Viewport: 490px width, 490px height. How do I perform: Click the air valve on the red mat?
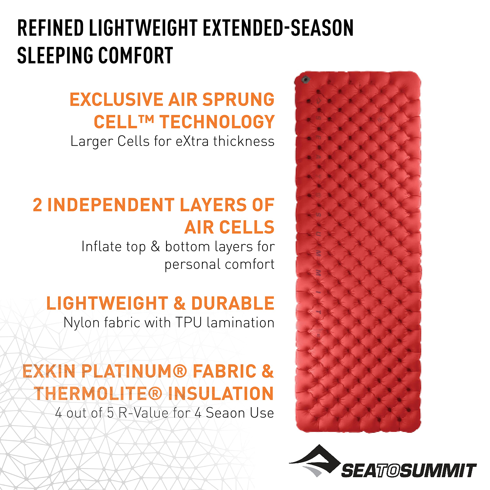pos(306,80)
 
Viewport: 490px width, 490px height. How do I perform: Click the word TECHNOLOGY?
pos(217,122)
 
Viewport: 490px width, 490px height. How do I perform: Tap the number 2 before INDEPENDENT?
pos(37,205)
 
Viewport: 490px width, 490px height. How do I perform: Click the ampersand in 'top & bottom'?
pos(155,246)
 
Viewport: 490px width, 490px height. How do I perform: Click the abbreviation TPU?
pos(189,323)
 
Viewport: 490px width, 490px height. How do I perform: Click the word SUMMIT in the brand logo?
pos(438,471)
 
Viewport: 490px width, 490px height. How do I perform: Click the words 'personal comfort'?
pos(219,264)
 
